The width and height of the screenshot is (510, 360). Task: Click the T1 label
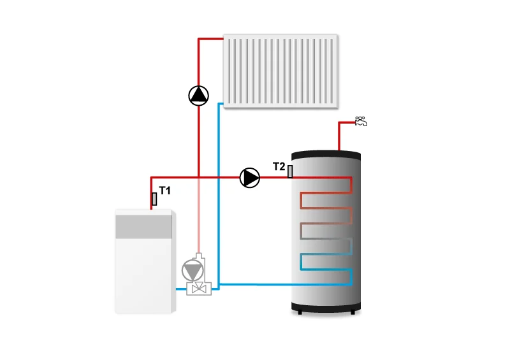[165, 191]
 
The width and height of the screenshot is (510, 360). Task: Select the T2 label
[279, 167]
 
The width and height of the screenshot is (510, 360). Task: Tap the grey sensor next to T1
[154, 199]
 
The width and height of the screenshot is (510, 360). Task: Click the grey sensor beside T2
[290, 171]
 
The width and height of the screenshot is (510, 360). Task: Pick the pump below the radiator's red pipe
[199, 96]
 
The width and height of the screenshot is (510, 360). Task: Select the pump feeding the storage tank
[250, 178]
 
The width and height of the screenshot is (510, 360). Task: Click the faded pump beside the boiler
[191, 270]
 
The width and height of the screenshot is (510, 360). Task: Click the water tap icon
[361, 120]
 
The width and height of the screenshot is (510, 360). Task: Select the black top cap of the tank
[326, 155]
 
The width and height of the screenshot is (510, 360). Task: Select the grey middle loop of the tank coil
[326, 231]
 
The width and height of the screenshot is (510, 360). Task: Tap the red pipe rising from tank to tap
[338, 137]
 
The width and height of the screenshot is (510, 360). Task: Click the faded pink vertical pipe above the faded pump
[199, 217]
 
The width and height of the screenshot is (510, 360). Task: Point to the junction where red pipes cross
[199, 178]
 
